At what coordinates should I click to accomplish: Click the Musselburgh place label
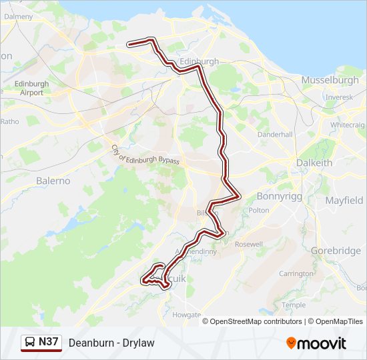coord(330,80)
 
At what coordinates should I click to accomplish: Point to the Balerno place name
coord(53,181)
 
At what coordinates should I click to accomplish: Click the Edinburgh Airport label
coord(31,88)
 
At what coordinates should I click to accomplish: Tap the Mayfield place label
coord(344,200)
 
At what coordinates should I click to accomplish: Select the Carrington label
coord(296,273)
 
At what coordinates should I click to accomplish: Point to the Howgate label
coord(186,314)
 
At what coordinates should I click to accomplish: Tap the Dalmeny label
coord(18,15)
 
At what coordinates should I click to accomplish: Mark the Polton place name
coord(260,210)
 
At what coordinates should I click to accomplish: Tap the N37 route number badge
coord(49,342)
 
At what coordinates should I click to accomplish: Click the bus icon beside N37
coord(31,343)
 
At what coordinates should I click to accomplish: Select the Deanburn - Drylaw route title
coord(111,343)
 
